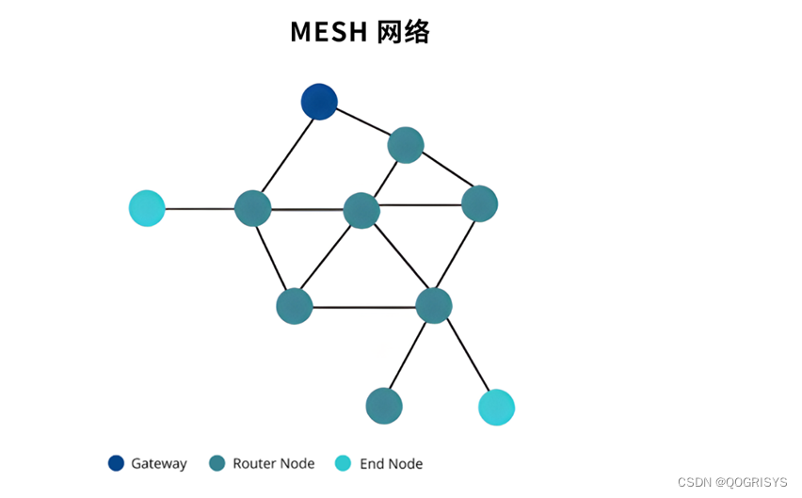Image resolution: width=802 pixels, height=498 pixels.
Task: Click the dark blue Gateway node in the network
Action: coord(319,102)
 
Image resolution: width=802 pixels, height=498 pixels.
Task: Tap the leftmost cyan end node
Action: coord(147,208)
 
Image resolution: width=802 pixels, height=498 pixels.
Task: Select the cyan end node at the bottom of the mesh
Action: coord(496,407)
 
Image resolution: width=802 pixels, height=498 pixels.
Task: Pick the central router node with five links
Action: coord(361,210)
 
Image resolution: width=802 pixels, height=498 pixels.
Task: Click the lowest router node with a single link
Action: coord(384,406)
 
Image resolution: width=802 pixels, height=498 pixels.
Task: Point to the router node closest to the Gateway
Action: coord(406,145)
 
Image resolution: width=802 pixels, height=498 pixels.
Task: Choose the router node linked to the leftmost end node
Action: coord(252,208)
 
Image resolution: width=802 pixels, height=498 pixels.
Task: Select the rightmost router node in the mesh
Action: coord(479,203)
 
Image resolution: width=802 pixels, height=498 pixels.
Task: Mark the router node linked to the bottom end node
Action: coord(434,306)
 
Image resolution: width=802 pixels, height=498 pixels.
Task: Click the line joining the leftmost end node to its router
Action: coord(200,208)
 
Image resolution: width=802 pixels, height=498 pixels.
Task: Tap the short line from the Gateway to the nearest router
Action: coord(362,123)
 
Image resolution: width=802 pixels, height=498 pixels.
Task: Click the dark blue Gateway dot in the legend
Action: coord(116,463)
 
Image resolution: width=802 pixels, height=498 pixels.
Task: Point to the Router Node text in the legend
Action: coord(273,463)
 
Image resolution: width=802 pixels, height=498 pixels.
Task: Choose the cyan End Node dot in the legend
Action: coord(344,463)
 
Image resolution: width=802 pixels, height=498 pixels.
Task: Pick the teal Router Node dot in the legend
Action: coord(217,463)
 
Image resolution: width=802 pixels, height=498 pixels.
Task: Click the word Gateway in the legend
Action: coord(158,463)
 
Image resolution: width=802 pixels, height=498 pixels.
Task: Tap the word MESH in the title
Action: coord(329,32)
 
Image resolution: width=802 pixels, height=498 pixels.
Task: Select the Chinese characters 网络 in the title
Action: coord(402,32)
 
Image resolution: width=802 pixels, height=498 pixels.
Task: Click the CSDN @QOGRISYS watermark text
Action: coord(731,482)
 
